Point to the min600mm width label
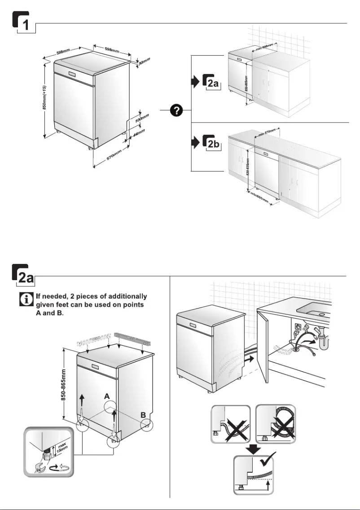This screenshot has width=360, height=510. coord(259,196)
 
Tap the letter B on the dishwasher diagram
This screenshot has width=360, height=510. coord(142,416)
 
